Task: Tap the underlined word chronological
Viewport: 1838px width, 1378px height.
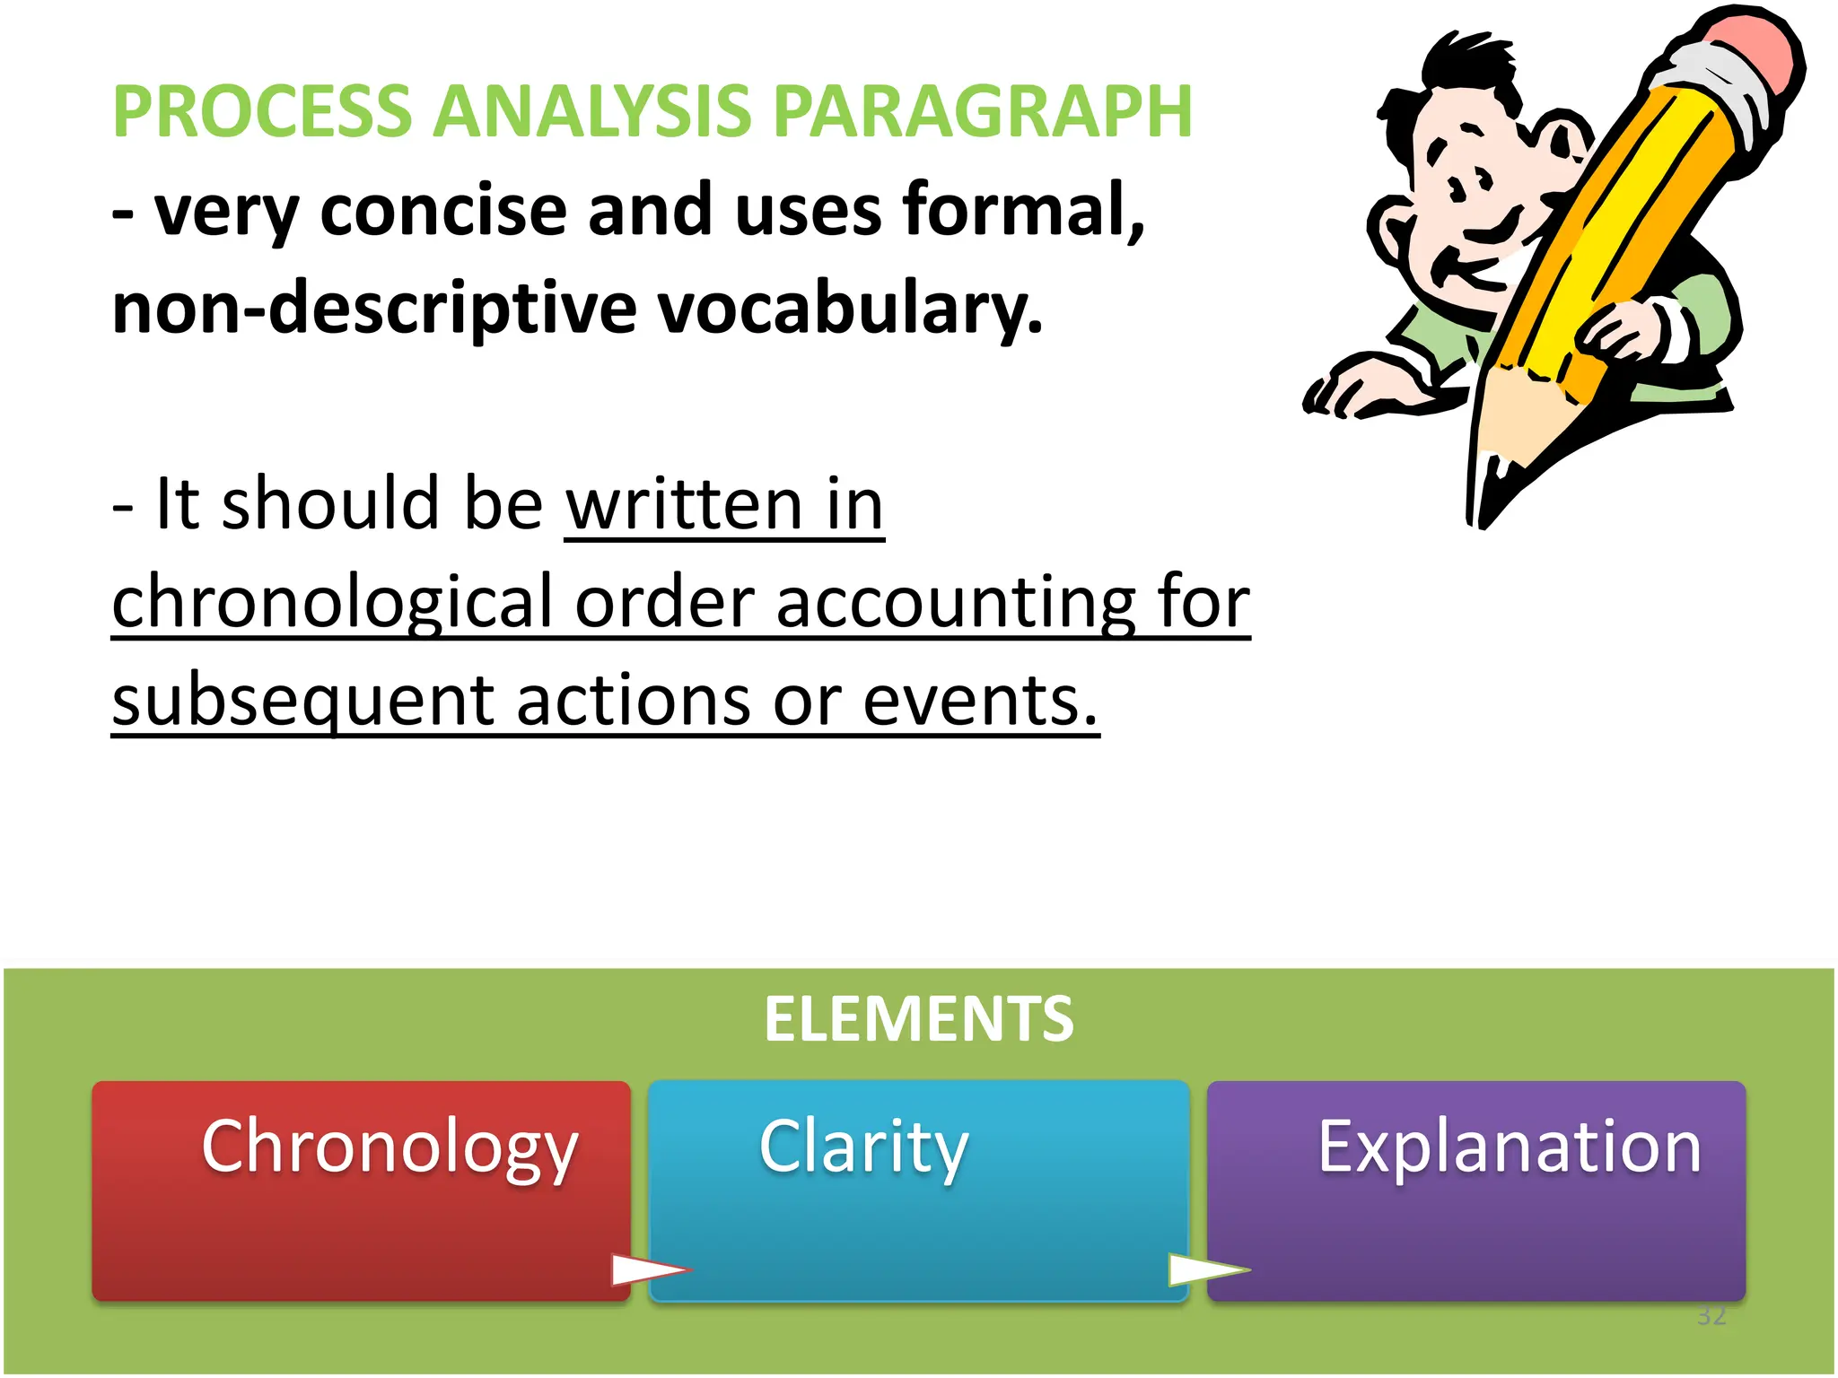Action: coord(333,603)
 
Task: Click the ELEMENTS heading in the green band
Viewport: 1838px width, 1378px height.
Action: coord(918,1019)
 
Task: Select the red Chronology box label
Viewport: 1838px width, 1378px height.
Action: coord(389,1147)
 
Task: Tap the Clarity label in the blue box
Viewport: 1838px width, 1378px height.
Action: coord(863,1147)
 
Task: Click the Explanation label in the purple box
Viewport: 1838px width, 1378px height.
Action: coord(1509,1147)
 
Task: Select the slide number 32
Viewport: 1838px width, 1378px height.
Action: coord(1711,1316)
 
